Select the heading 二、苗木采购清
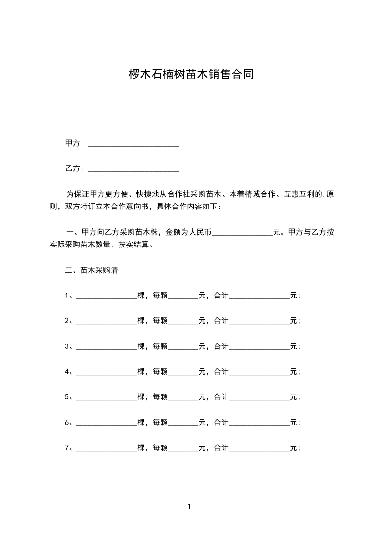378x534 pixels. [92, 270]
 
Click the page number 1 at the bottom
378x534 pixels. [189, 507]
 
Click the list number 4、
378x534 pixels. [69, 372]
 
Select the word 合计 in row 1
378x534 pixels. [221, 296]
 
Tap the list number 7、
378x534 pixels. [69, 448]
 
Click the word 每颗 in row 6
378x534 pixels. [160, 422]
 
